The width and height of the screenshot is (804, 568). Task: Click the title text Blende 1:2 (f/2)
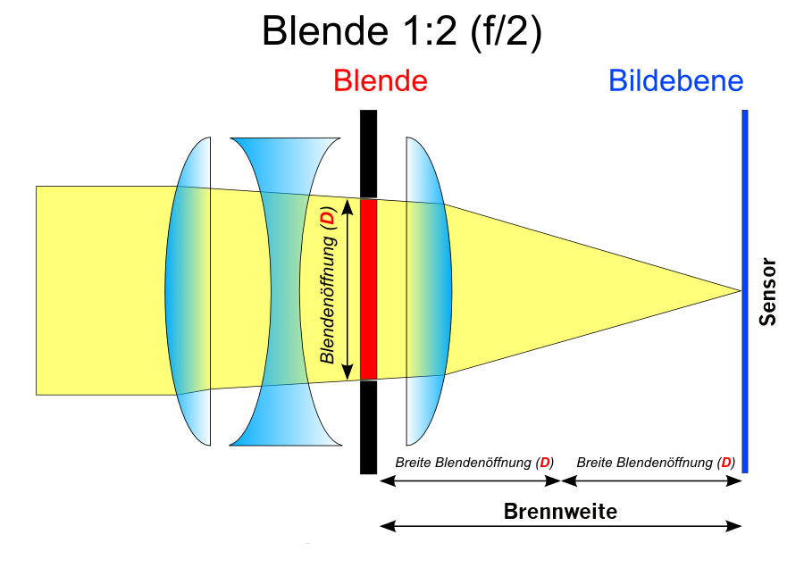tap(401, 30)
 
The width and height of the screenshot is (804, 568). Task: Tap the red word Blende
tap(381, 80)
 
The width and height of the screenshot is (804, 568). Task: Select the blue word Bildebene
tap(676, 80)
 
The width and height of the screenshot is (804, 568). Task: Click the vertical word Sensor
tap(767, 292)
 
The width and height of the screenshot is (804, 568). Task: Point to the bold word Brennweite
tap(560, 511)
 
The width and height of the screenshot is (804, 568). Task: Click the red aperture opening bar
tap(369, 289)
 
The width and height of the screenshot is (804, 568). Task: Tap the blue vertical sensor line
tap(745, 291)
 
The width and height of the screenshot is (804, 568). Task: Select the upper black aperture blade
tap(369, 154)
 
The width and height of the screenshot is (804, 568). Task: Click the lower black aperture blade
tap(369, 427)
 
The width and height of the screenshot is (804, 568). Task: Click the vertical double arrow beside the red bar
tap(348, 289)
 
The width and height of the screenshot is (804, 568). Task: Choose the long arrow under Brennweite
tap(560, 526)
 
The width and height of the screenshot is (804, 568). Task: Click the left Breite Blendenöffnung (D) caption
tap(474, 463)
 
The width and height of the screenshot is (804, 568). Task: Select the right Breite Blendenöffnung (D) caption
tap(656, 463)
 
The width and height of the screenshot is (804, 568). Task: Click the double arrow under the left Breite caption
tap(470, 480)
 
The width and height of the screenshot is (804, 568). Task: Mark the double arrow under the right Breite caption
tap(652, 480)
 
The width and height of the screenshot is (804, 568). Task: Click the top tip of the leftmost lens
tap(209, 138)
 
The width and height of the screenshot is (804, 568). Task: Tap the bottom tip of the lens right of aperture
tap(407, 445)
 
